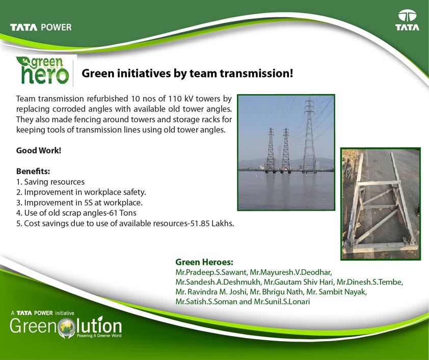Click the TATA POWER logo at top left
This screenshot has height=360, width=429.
pos(41,27)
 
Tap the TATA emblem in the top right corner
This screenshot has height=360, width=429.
pos(407,20)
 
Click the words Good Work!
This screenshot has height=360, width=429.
pos(39,150)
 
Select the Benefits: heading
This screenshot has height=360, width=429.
pos(33,171)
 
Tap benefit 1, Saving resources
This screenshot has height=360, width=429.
pos(50,182)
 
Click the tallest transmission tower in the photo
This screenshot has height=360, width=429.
pos(309,135)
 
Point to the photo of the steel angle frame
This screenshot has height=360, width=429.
pos(381,204)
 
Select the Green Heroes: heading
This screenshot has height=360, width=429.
pos(204,262)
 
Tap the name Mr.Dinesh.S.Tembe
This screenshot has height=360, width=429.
pos(369,282)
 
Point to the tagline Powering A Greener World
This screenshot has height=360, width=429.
pos(99,336)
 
